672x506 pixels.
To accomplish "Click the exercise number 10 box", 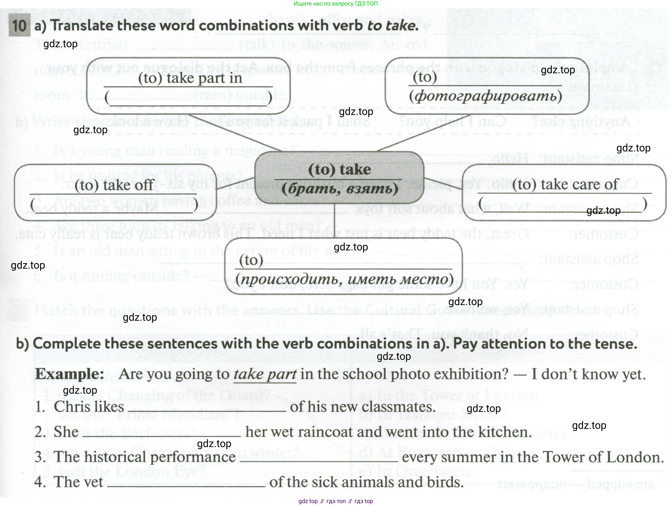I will click(x=20, y=25).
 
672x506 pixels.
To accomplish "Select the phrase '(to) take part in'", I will click(x=190, y=78).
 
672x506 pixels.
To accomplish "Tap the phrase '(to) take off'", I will click(x=114, y=185).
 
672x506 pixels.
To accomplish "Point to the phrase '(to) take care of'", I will click(x=565, y=185).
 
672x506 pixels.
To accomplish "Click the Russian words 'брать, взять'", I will click(x=340, y=189).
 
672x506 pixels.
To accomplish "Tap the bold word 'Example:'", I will click(x=70, y=374).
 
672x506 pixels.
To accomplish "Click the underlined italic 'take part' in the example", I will click(x=265, y=374).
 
